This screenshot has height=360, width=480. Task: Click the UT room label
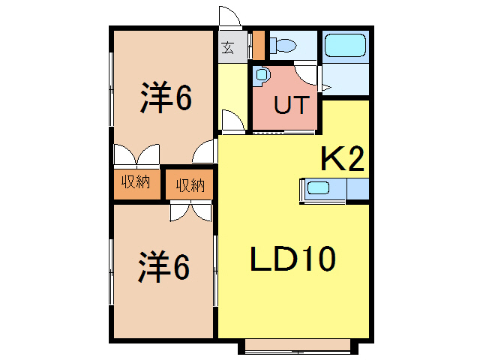pos(290,105)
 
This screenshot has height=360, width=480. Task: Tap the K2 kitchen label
pos(342,159)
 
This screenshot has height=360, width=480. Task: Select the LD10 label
pos(292,260)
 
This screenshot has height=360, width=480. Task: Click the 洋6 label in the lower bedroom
pos(163,268)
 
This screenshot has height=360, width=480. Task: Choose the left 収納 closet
pos(136,182)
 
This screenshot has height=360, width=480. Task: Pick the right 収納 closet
pos(190,184)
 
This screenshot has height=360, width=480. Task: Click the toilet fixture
pos(283,45)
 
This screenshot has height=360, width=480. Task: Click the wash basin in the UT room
pos(260,73)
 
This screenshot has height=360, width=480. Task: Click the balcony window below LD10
pos(298,346)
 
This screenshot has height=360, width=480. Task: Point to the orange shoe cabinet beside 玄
pos(258,45)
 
